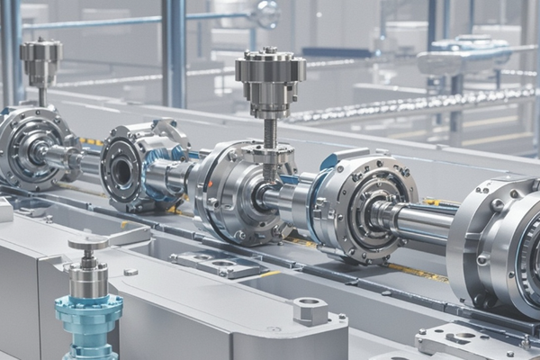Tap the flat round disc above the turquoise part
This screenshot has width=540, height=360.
coord(88,243)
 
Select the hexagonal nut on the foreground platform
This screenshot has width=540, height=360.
coord(310,310)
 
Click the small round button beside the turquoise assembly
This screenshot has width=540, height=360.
coord(130,272)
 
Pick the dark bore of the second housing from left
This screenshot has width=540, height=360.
coord(121,168)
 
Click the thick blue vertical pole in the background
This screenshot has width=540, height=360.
coord(174,49)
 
